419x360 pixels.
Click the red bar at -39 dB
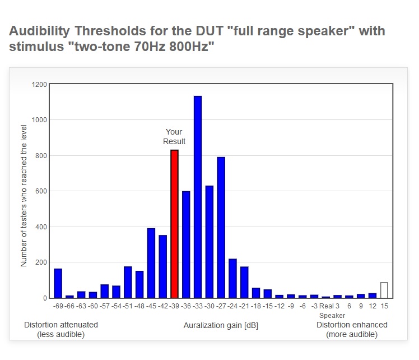tap(175, 224)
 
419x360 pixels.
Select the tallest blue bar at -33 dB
tap(198, 197)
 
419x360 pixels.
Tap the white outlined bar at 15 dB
tap(384, 290)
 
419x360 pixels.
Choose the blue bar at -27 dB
tap(221, 227)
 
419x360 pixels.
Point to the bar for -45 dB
tap(151, 263)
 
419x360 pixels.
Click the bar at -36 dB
tap(186, 244)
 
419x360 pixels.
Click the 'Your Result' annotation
tap(174, 137)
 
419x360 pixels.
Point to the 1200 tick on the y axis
tap(40, 84)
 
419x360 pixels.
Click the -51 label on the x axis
tap(128, 306)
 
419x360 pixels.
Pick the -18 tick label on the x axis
tap(256, 306)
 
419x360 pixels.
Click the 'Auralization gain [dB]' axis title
tap(221, 325)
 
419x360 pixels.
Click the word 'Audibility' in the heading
tap(43, 31)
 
